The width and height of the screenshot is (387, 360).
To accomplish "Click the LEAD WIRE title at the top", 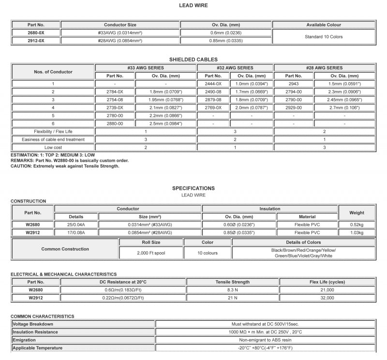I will click(193, 5).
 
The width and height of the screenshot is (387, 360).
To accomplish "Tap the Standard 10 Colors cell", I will click(324, 37).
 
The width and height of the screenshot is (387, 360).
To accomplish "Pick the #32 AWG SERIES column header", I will click(235, 68).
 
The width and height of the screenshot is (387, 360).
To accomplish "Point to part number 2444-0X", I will click(213, 84).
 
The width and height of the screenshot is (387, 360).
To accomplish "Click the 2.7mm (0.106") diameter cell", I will click(344, 107).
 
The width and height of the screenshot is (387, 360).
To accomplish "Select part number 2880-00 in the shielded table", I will click(115, 124).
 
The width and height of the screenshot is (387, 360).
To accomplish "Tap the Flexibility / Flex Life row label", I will click(53, 132).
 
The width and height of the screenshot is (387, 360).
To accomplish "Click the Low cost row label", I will click(53, 147).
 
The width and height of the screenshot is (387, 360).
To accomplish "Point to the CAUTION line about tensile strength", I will click(65, 166).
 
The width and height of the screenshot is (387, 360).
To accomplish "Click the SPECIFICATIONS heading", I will click(193, 188).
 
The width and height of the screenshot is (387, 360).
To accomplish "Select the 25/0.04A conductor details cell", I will click(76, 225).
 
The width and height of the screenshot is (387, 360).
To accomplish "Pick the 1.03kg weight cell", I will click(357, 233).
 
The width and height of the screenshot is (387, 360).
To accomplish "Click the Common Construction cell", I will click(65, 249).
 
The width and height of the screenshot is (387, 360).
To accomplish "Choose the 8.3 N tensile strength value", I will click(232, 290).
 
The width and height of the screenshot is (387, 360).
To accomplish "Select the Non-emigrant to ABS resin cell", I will click(265, 340).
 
